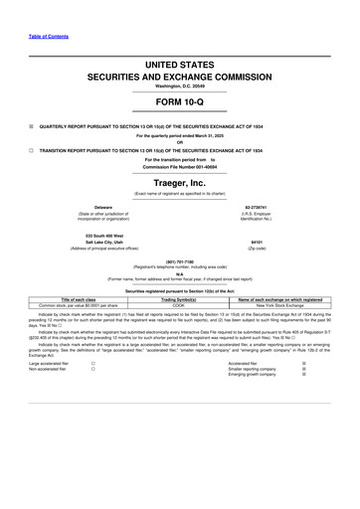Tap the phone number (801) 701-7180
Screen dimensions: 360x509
click(x=179, y=261)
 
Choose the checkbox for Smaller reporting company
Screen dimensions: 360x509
click(x=317, y=369)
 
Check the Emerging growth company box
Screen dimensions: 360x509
click(x=317, y=375)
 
